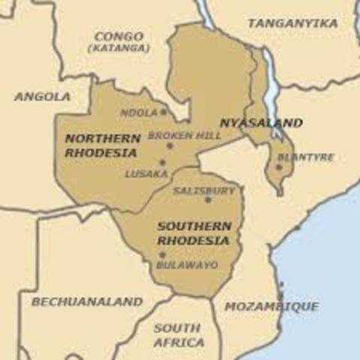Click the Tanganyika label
292,23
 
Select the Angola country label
42,97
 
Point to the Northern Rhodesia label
101,145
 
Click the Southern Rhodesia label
193,233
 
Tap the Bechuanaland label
86,301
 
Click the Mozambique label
271,307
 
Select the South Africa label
178,335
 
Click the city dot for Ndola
163,112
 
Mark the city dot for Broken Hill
170,145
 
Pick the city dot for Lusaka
162,162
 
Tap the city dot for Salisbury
208,199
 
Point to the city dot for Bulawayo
162,255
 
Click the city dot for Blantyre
279,167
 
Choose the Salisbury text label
204,190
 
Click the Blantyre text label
305,157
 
